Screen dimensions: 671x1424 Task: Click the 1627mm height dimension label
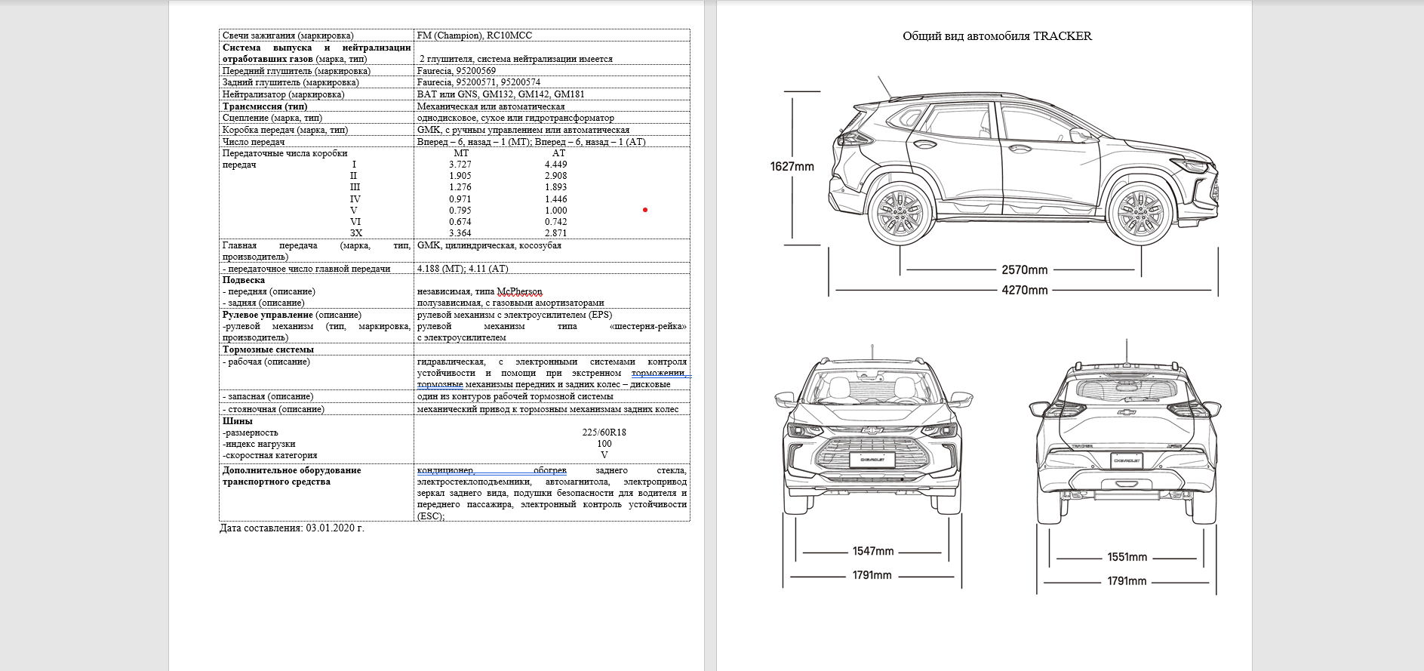792,166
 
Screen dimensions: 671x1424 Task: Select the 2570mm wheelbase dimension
1024,269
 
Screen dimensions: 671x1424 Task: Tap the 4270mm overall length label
1024,290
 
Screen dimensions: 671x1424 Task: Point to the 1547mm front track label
872,551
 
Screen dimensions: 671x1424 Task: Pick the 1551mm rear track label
1127,557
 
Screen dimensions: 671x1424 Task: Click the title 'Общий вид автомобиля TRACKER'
997,36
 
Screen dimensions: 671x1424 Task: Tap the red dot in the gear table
644,210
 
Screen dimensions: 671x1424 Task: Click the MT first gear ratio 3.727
460,165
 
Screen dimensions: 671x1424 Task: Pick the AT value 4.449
555,165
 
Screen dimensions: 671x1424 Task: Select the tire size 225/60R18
604,432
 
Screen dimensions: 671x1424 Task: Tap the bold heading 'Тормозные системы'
268,349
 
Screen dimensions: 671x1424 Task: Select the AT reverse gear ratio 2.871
555,233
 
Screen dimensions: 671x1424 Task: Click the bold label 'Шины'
237,421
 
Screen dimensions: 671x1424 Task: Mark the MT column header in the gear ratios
460,153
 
